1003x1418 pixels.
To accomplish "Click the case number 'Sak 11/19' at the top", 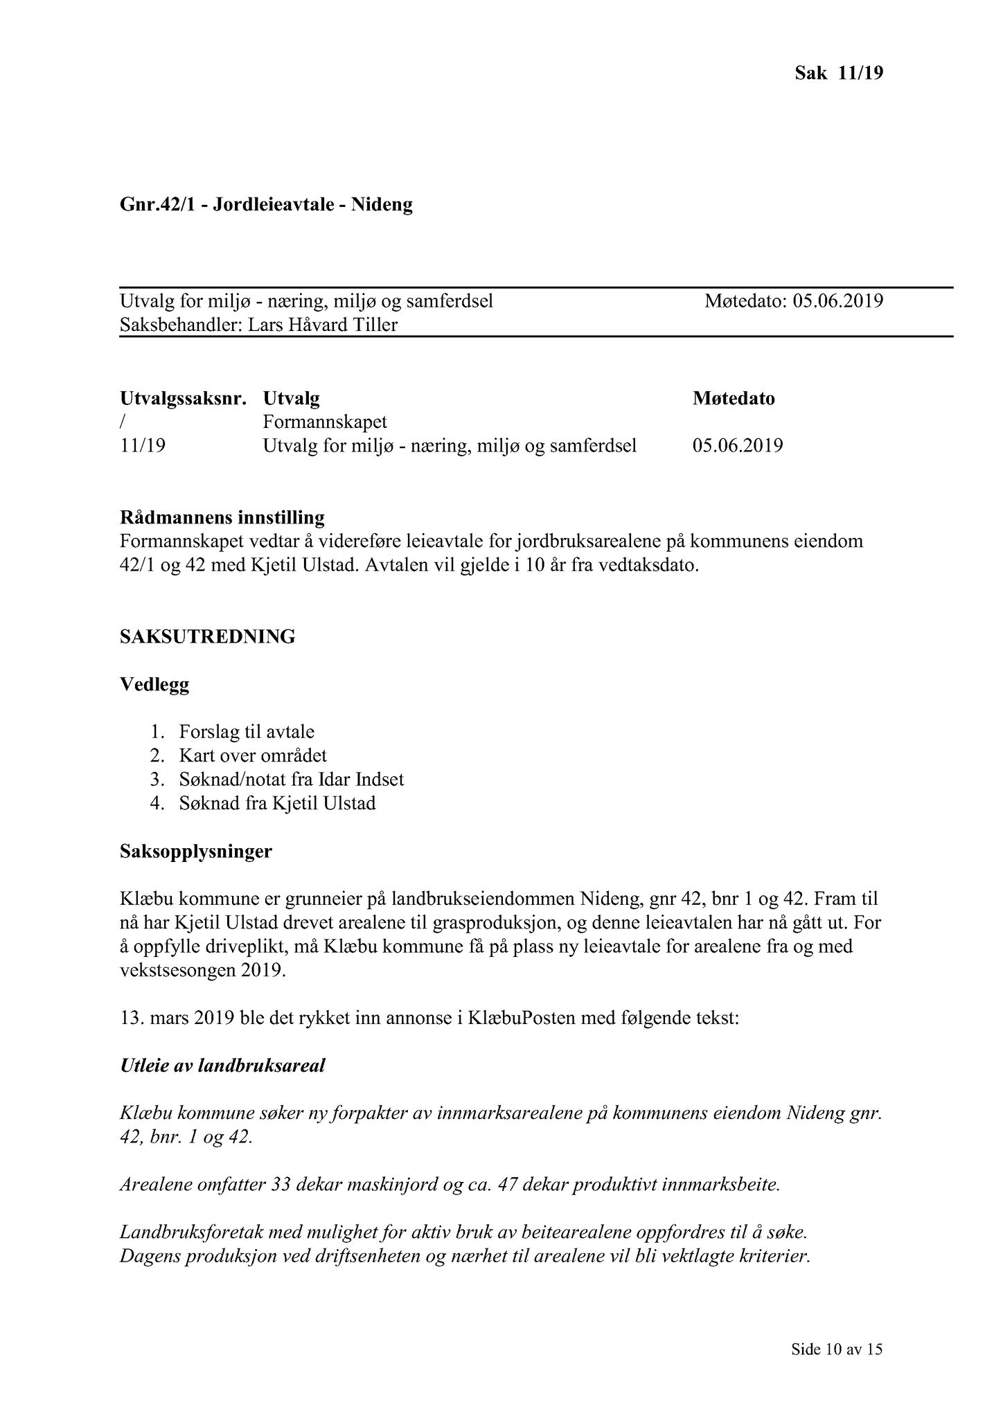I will [838, 73].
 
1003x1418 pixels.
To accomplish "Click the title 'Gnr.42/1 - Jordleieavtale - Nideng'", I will [266, 205].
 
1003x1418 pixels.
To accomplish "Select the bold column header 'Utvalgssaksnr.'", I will [183, 399].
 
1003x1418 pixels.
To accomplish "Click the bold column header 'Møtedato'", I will [734, 399].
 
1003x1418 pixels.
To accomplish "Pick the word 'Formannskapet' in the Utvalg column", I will [325, 422].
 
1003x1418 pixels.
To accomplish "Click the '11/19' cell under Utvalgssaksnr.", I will [143, 445].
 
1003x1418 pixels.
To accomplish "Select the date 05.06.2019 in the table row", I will [738, 445].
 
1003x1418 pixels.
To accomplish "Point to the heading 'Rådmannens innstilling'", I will [222, 517].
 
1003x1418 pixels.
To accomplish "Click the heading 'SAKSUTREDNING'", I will [208, 637].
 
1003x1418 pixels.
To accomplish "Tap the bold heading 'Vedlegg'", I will [154, 685].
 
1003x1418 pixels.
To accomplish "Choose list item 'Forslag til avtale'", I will [247, 732].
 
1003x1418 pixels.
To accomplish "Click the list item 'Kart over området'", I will [253, 755].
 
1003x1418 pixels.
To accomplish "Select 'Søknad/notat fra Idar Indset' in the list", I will [291, 780].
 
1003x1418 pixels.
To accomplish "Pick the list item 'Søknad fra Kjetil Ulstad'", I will [277, 804].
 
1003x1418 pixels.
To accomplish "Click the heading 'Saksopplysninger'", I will [196, 852].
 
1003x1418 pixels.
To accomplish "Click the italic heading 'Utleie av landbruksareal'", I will [222, 1066].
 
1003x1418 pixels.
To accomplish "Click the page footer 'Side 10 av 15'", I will [837, 1349].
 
